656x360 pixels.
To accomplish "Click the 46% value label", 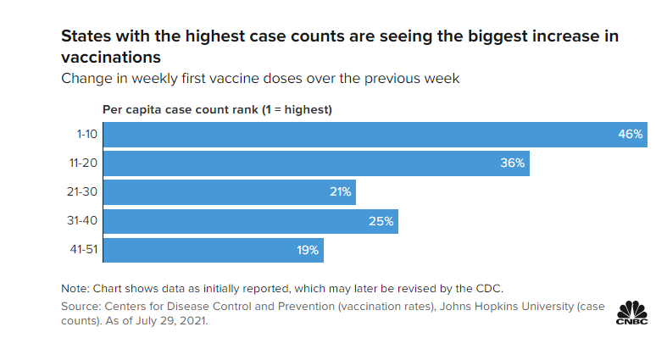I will point(631,135).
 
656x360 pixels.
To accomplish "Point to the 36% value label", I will point(513,163).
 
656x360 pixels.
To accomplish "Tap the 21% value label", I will point(341,192).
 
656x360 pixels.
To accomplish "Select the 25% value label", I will point(381,221).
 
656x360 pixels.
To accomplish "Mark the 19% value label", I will point(307,250).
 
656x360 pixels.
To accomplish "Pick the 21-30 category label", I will point(84,192).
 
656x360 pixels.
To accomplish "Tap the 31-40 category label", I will point(84,221).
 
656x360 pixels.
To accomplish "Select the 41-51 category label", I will point(84,250).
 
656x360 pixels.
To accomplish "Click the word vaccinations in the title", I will point(110,58).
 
